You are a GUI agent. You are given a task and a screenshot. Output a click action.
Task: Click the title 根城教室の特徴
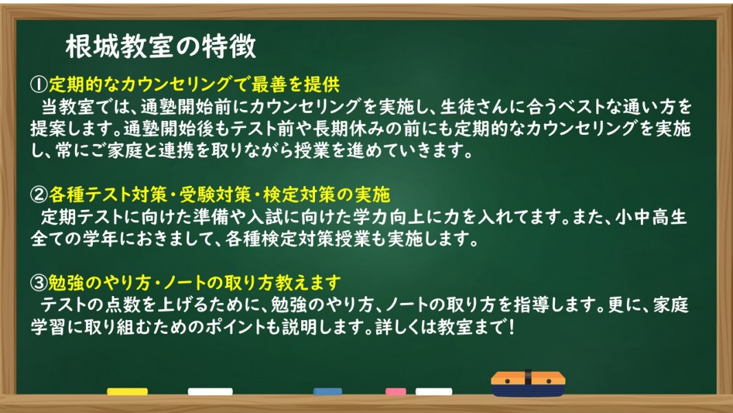[x=161, y=47]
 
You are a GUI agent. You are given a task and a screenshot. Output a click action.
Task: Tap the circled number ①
[x=39, y=85]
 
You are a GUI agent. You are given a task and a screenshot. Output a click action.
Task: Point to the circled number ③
[x=39, y=282]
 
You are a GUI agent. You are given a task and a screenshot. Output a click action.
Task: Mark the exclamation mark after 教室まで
[x=512, y=327]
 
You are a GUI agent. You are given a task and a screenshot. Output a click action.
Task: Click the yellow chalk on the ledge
[x=127, y=392]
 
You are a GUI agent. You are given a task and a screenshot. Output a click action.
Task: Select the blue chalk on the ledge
[x=328, y=392]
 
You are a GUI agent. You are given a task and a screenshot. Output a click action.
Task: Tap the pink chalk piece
[x=395, y=392]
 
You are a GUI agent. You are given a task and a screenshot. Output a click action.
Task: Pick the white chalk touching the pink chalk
[x=434, y=392]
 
